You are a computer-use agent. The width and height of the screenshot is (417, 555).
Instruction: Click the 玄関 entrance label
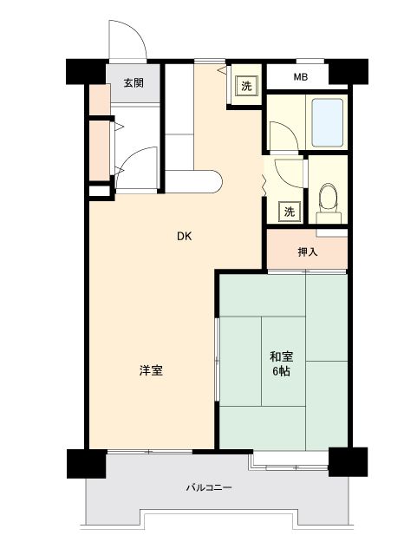tap(134, 83)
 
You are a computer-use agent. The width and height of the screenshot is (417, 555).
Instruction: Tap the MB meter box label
tap(301, 77)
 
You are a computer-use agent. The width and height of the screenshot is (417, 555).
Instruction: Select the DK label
tap(185, 236)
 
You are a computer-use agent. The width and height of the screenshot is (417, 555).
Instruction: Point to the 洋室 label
tap(151, 370)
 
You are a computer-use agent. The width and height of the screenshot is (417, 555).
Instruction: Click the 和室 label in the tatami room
tap(282, 356)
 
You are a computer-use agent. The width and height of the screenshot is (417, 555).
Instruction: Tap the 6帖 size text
tap(282, 371)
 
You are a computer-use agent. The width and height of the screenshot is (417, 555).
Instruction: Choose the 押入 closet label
tap(307, 252)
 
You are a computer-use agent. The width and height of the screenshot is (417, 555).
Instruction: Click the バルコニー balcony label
tap(209, 487)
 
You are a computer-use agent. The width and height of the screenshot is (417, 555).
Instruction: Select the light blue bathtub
tap(328, 122)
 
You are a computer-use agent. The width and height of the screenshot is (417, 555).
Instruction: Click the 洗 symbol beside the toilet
tap(290, 212)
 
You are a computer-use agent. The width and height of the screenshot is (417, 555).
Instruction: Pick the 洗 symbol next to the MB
tap(246, 86)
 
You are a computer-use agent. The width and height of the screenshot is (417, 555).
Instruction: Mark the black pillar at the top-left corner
tap(86, 71)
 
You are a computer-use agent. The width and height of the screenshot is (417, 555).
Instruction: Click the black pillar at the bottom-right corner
tap(348, 462)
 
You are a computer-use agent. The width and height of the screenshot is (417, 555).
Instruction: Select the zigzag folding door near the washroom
tap(264, 185)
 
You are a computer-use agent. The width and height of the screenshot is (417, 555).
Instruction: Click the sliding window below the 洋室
tap(150, 452)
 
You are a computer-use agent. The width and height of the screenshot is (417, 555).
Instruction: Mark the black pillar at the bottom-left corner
tap(87, 464)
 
